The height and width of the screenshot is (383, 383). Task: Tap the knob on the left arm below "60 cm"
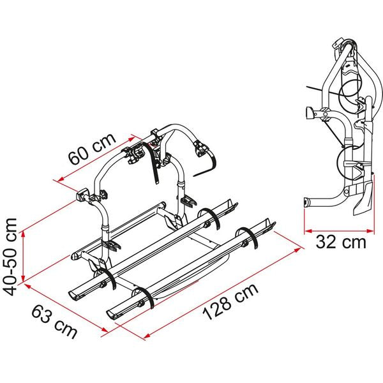point(82,193)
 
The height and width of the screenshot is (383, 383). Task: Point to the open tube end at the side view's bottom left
point(307,204)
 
